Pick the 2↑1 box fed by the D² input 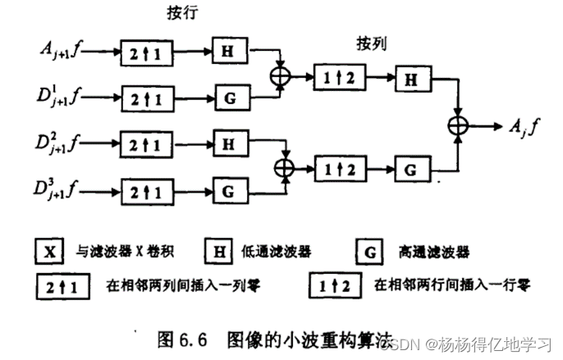click(148, 145)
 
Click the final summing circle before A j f click(455, 125)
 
